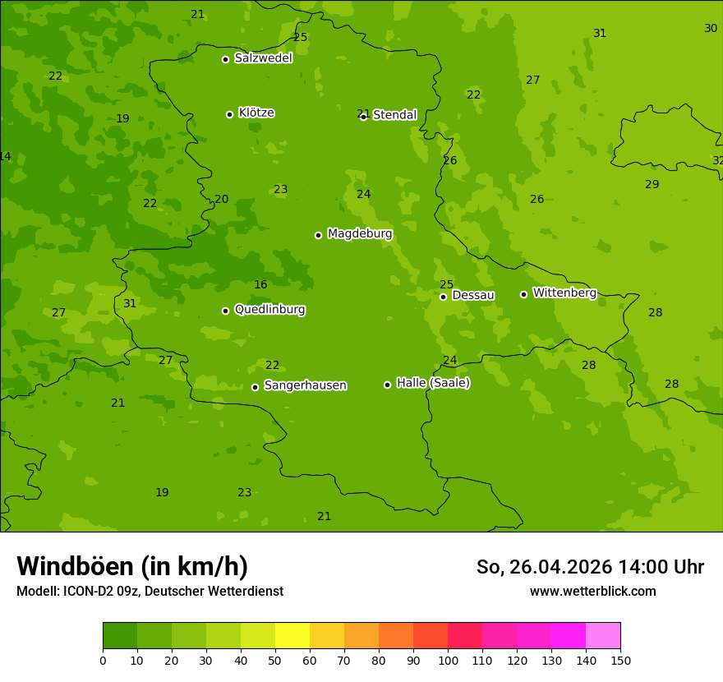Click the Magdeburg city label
tap(359, 234)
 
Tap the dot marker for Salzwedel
tap(225, 59)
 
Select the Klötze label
tap(256, 113)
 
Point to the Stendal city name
tap(394, 115)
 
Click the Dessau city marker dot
tap(443, 297)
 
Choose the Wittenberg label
tap(564, 293)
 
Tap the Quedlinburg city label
tap(269, 310)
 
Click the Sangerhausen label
tap(305, 385)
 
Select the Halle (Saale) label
tap(433, 383)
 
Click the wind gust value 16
tap(260, 285)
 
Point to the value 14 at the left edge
tap(5, 157)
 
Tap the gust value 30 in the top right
tap(711, 29)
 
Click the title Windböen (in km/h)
tap(132, 566)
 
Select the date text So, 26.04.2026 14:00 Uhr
tap(590, 567)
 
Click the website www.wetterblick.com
tap(592, 591)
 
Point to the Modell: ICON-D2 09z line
tap(150, 591)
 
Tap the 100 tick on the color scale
tap(448, 660)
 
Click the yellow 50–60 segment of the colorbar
tap(292, 636)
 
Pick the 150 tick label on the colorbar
tap(620, 660)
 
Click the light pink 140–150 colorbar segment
tap(603, 636)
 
